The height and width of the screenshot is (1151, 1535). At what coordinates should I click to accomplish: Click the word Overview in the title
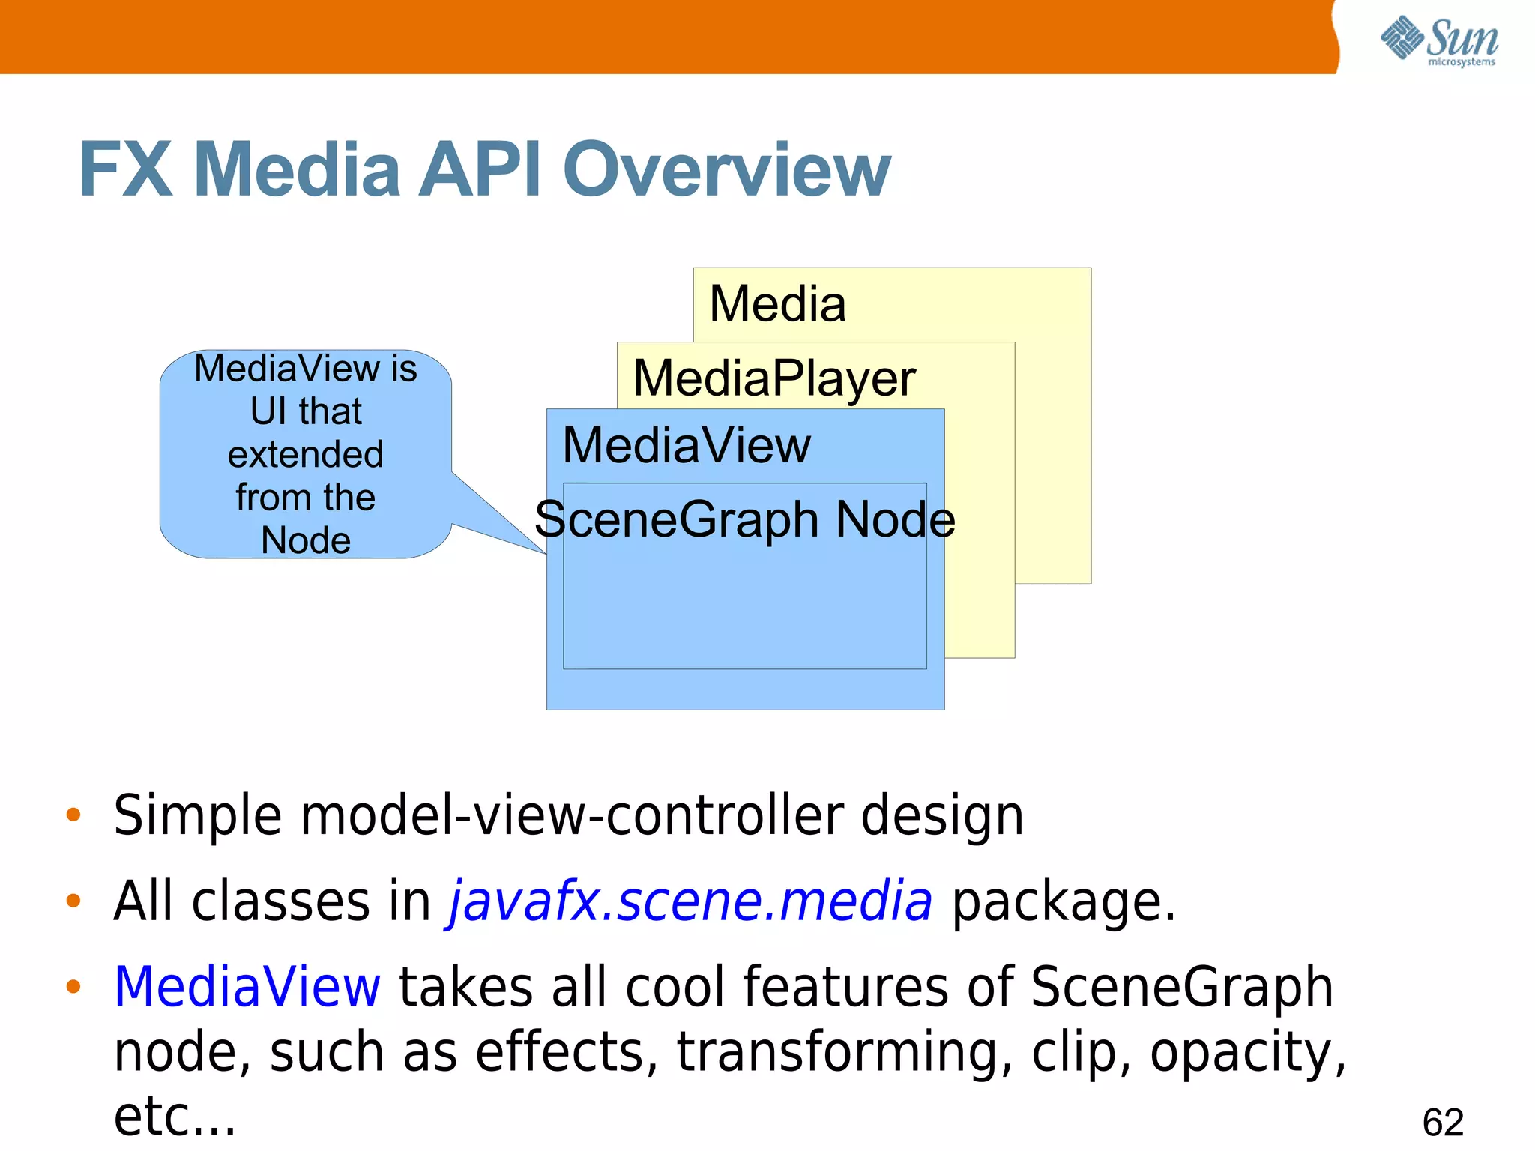(x=726, y=171)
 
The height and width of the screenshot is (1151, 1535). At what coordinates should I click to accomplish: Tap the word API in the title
(x=479, y=171)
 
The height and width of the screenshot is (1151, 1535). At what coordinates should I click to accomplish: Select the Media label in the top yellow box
(x=777, y=304)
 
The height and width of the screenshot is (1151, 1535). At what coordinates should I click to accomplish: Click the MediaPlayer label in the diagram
(x=774, y=378)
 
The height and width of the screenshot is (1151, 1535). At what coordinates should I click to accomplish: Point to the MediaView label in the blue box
(x=686, y=445)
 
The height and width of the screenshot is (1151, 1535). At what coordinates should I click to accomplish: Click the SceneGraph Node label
(x=744, y=519)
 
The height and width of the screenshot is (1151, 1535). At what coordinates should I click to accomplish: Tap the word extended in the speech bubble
(x=305, y=455)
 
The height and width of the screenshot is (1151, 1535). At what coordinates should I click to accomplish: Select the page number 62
(x=1443, y=1123)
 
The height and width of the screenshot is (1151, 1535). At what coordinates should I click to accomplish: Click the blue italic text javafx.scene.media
(x=690, y=901)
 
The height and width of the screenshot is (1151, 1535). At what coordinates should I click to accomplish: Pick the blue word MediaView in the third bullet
(x=247, y=987)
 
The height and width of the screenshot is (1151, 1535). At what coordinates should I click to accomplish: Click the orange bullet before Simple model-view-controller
(x=73, y=815)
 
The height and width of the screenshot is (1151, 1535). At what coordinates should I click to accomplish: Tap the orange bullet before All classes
(x=73, y=900)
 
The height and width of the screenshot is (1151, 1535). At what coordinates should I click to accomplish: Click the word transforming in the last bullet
(x=844, y=1053)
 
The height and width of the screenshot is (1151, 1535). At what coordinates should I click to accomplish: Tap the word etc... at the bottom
(x=175, y=1117)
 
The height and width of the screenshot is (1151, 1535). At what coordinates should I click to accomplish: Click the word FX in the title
(x=125, y=171)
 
